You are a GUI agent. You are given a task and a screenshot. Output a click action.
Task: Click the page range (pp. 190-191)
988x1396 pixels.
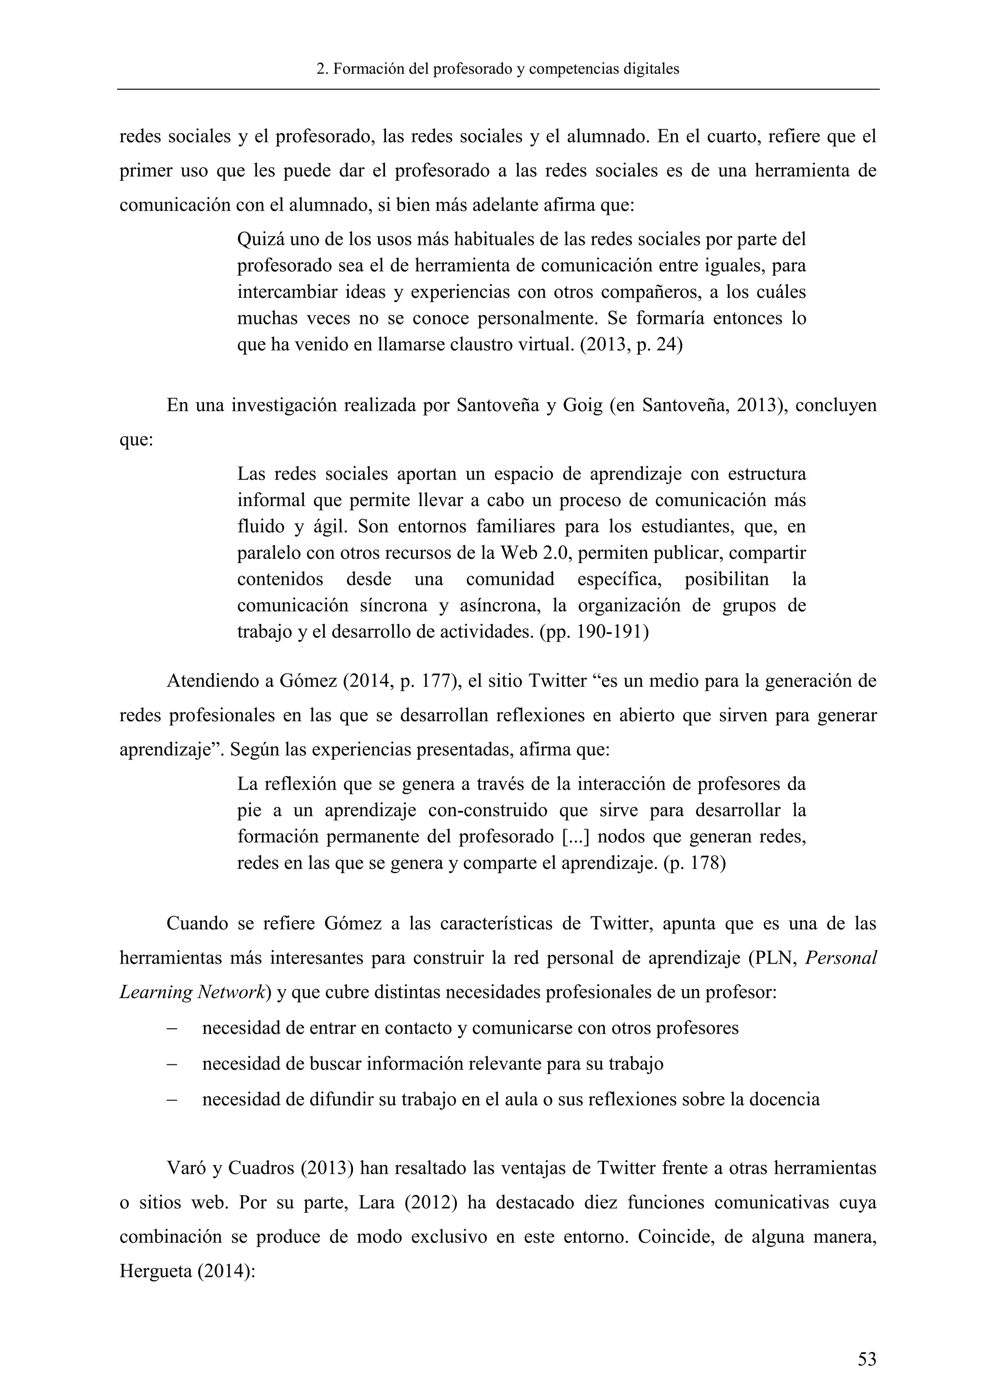[594, 632]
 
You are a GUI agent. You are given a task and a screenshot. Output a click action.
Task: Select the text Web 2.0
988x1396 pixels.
[533, 553]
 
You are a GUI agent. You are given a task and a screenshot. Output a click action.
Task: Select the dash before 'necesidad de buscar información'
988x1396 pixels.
[172, 1064]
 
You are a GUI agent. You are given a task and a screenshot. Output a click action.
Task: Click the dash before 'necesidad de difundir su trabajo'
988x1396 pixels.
[172, 1099]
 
